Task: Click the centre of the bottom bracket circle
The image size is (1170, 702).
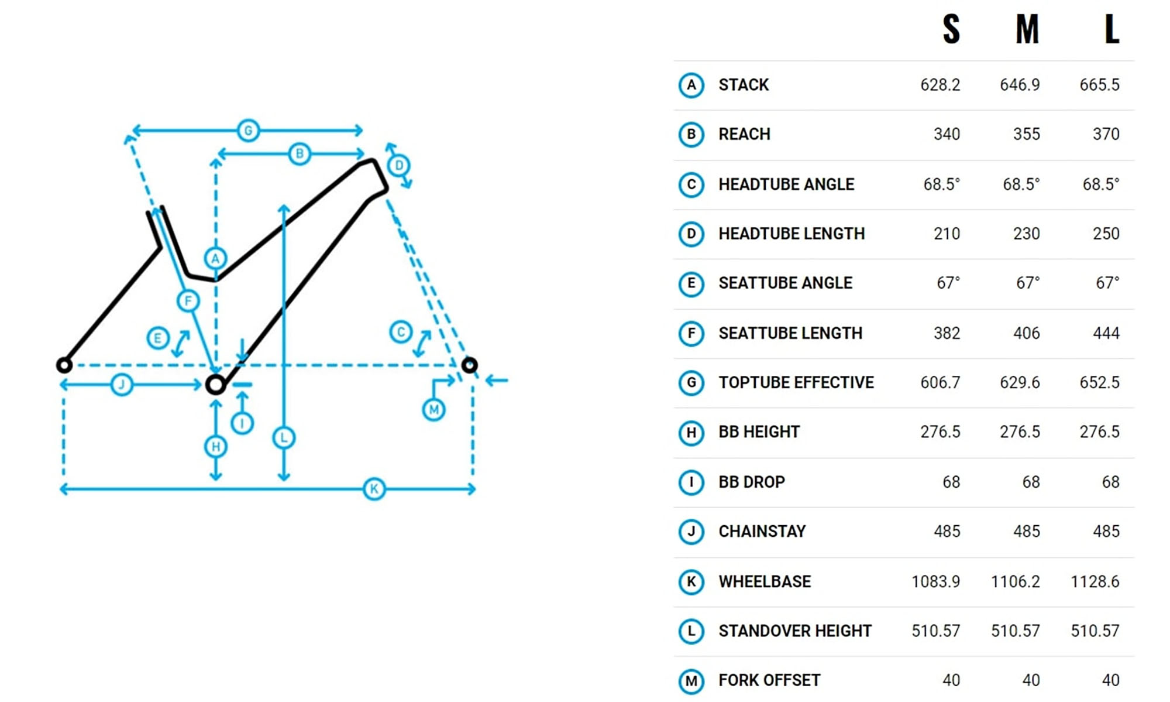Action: pyautogui.click(x=216, y=385)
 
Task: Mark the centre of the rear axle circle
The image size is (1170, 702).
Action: pyautogui.click(x=64, y=365)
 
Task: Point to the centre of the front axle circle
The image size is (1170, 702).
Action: pyautogui.click(x=469, y=365)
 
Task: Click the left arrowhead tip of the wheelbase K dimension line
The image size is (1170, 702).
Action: pyautogui.click(x=60, y=489)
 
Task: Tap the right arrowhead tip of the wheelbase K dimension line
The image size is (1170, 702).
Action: pyautogui.click(x=476, y=489)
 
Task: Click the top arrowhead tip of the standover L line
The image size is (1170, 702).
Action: pyautogui.click(x=284, y=205)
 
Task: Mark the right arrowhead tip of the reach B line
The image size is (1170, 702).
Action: pyautogui.click(x=364, y=154)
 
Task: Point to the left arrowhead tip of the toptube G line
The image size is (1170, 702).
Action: pyautogui.click(x=132, y=130)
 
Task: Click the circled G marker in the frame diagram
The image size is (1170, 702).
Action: pyautogui.click(x=248, y=130)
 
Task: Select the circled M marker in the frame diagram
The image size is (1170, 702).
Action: pyautogui.click(x=433, y=409)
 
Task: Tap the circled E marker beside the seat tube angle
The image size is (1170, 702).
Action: pyautogui.click(x=157, y=338)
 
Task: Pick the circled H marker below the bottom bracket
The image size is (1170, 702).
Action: pyautogui.click(x=215, y=447)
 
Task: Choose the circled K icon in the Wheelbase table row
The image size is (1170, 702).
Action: pyautogui.click(x=691, y=581)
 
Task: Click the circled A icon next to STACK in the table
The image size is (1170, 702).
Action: pyautogui.click(x=691, y=85)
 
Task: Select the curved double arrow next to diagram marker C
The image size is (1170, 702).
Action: pyautogui.click(x=422, y=344)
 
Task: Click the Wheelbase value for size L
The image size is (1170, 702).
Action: pyautogui.click(x=1095, y=581)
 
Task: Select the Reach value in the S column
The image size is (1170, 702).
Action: pyautogui.click(x=947, y=134)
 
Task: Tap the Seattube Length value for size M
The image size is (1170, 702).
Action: pyautogui.click(x=1026, y=333)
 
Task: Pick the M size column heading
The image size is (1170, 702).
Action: pyautogui.click(x=1027, y=29)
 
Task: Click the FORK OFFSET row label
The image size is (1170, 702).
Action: pyautogui.click(x=769, y=680)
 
